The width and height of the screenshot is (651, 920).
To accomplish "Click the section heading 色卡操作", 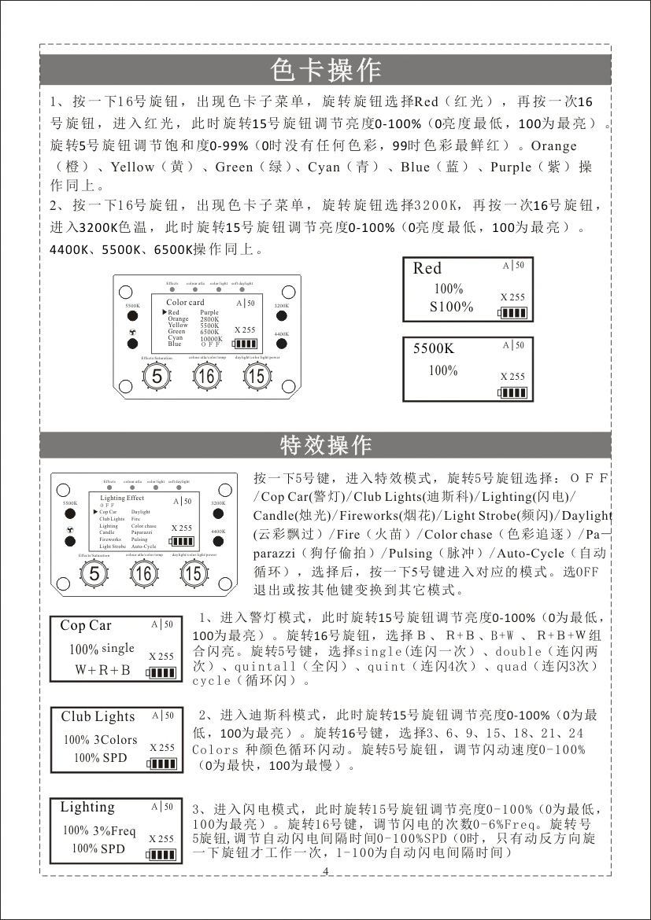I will (325, 70).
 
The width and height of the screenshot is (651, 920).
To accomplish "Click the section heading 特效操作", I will (325, 445).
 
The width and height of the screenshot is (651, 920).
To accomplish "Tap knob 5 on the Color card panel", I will (157, 377).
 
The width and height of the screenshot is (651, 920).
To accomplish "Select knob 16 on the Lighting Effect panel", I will (144, 574).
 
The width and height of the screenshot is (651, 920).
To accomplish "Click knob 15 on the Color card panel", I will (255, 377).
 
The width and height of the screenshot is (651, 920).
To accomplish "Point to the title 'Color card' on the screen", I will (185, 303).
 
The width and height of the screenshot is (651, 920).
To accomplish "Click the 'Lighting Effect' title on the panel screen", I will (122, 498).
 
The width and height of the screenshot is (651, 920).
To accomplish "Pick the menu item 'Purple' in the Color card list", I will (209, 312).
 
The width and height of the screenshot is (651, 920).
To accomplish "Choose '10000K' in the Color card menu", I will (211, 338).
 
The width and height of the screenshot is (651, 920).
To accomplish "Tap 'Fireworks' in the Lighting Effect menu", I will (110, 539).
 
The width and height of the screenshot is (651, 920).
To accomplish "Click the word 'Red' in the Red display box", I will (427, 268).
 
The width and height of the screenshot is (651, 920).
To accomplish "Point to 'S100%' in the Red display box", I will (451, 307).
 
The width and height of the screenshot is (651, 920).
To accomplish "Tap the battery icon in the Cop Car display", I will (161, 672).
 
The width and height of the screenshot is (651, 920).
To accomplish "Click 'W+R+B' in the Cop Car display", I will (102, 670).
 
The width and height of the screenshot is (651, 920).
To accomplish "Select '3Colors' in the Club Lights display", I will (115, 740).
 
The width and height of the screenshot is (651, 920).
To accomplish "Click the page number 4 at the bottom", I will (325, 871).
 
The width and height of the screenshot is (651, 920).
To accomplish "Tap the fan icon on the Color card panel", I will (134, 333).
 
